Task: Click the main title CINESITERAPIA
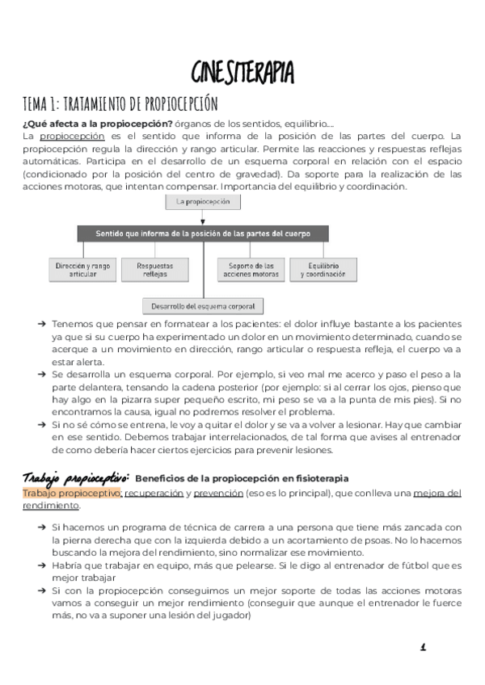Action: (242, 72)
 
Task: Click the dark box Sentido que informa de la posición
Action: (204, 233)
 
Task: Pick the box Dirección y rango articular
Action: (83, 270)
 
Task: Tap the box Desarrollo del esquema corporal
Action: (204, 306)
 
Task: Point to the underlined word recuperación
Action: (154, 493)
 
